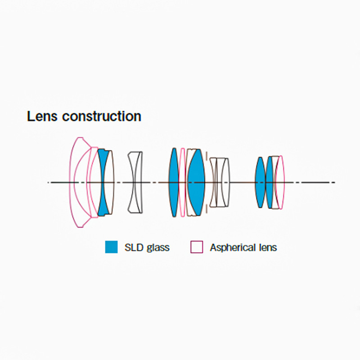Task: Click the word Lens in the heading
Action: coord(42,116)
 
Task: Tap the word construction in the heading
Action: coord(102,117)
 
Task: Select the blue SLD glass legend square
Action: coord(111,247)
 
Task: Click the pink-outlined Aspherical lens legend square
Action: coord(197,247)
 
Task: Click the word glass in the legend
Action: coord(158,248)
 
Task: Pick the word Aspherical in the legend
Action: coord(232,248)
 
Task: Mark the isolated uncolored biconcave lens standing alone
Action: coord(135,183)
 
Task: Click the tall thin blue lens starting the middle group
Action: coord(174,183)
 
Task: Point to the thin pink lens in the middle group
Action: coord(183,183)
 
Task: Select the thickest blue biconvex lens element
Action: coord(196,183)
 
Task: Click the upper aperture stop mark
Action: coord(207,156)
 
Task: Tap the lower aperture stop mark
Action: coord(207,209)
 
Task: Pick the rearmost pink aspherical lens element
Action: coord(280,183)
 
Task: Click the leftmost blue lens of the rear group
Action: coord(260,183)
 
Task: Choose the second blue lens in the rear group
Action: coord(269,183)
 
